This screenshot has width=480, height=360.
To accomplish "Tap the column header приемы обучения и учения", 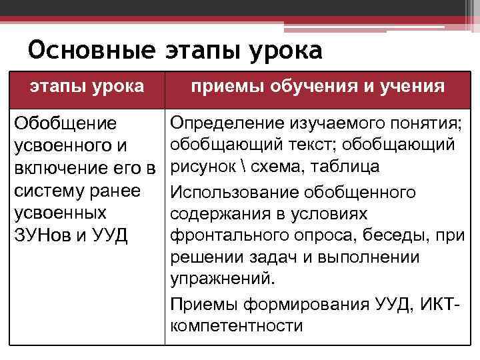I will pyautogui.click(x=317, y=86).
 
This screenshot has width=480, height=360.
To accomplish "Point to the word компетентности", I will pyautogui.click(x=236, y=326).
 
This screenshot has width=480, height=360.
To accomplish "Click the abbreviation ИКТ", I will pyautogui.click(x=437, y=305).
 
